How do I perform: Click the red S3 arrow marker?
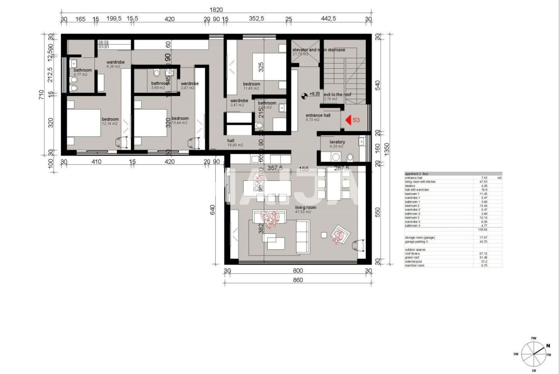click(349, 120)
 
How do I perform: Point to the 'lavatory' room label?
click(337, 142)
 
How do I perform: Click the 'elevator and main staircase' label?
click(318, 50)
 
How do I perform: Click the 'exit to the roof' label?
click(337, 95)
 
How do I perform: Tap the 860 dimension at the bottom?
click(297, 280)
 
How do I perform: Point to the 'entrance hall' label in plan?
click(318, 116)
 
